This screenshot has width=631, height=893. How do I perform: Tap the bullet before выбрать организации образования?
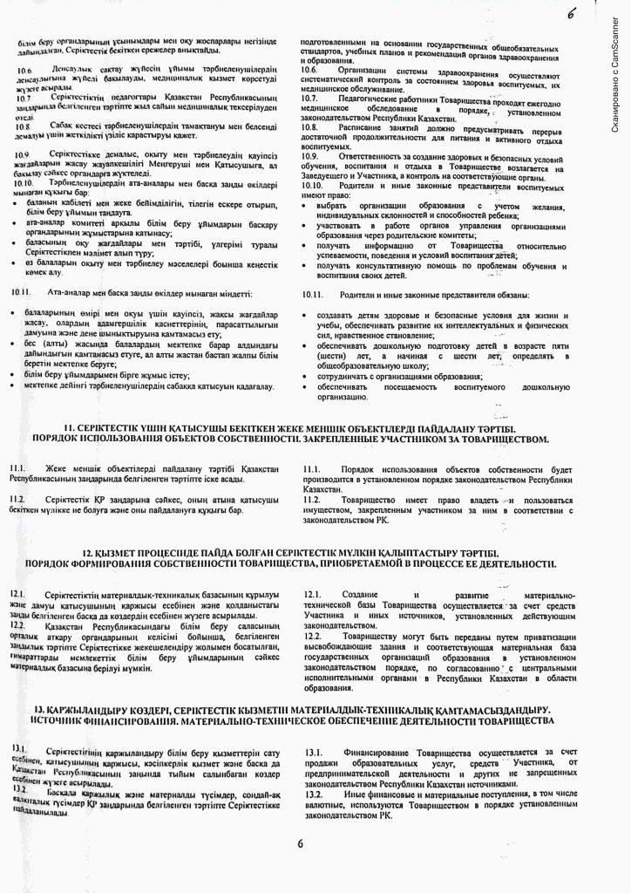tap(310, 204)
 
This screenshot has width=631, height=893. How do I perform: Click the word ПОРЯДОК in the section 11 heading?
tap(56, 439)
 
